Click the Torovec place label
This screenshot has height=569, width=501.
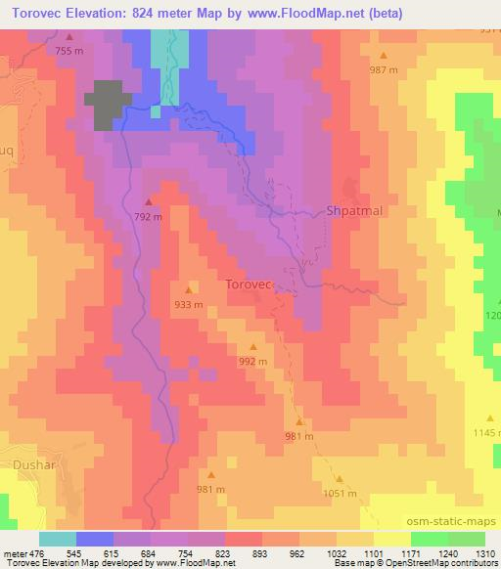coord(249,284)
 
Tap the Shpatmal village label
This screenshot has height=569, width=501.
coord(354,210)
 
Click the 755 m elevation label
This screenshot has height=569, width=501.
coord(69,50)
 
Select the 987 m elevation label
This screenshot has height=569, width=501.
coord(384,69)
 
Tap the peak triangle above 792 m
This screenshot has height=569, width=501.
coord(149,203)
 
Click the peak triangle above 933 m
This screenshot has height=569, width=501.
coord(189,289)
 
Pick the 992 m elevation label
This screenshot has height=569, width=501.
coord(252,361)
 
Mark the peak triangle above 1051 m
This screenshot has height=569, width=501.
coord(341,479)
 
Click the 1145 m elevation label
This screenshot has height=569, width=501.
coord(486,432)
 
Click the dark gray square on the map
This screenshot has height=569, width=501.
coord(109,104)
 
